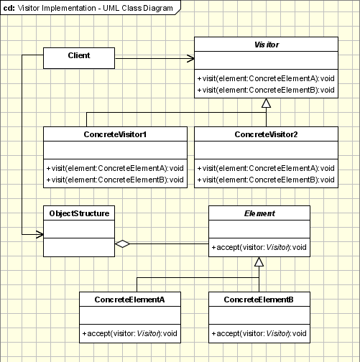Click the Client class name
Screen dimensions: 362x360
[78, 55]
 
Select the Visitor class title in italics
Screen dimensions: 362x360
[266, 44]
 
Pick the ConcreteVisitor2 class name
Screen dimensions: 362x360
[265, 134]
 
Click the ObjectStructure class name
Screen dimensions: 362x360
[79, 213]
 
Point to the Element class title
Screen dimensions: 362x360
[259, 213]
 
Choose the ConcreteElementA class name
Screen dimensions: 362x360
[130, 299]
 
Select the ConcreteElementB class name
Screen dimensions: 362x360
[259, 299]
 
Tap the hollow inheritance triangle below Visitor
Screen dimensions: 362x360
[266, 105]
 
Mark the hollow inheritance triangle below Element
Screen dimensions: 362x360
[259, 263]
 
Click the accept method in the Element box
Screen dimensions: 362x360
[259, 248]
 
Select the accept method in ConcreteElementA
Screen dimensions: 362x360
[130, 333]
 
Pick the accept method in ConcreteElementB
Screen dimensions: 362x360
[259, 333]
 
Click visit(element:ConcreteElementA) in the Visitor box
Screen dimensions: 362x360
[266, 78]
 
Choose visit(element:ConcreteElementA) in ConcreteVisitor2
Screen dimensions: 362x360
[266, 167]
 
